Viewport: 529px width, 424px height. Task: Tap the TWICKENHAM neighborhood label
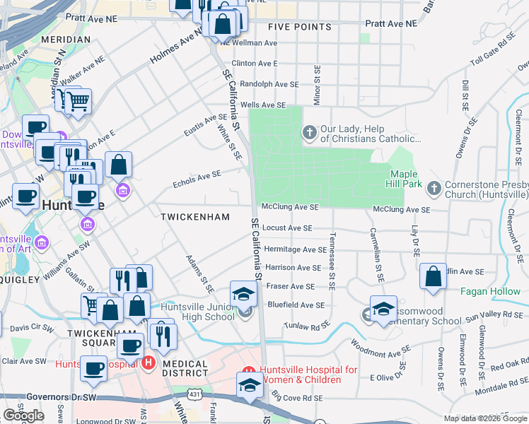195,217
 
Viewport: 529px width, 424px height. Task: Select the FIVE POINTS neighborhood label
300,27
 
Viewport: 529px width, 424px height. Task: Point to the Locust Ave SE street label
286,228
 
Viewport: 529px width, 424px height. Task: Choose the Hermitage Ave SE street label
295,249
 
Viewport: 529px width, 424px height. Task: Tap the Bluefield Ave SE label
295,305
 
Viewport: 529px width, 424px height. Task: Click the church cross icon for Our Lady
309,132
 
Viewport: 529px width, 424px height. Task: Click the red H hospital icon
149,363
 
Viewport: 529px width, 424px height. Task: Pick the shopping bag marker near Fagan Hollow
433,277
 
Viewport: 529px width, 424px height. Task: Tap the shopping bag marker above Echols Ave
119,165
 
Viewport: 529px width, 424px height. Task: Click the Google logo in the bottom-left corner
23,416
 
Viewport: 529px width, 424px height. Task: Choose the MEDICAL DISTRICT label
185,368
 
